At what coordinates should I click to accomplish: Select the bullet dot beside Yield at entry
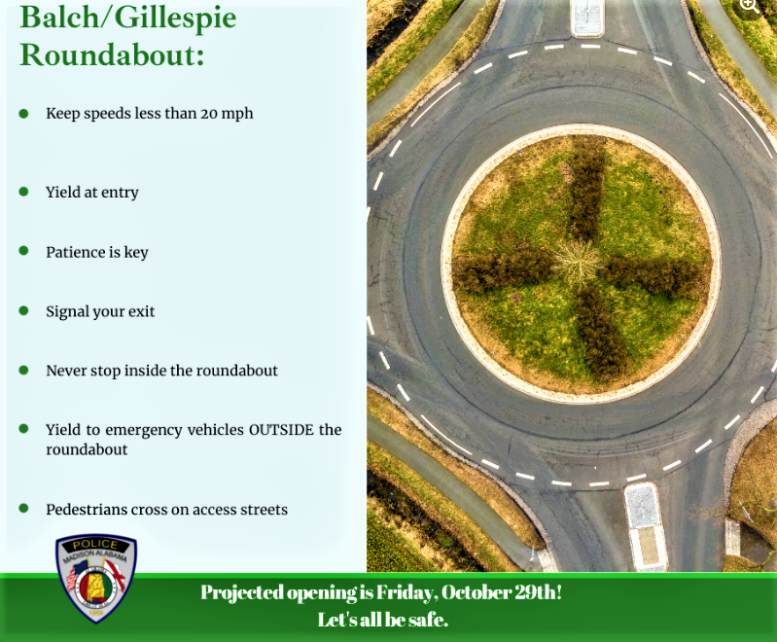point(23,192)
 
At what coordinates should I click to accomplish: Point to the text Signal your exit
point(100,312)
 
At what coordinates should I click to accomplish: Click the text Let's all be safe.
point(382,620)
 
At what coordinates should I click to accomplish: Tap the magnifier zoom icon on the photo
point(749,7)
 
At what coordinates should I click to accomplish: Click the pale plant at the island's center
point(578,261)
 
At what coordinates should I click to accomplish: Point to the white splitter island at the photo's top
point(587,16)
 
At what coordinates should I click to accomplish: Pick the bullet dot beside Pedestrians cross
point(23,509)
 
